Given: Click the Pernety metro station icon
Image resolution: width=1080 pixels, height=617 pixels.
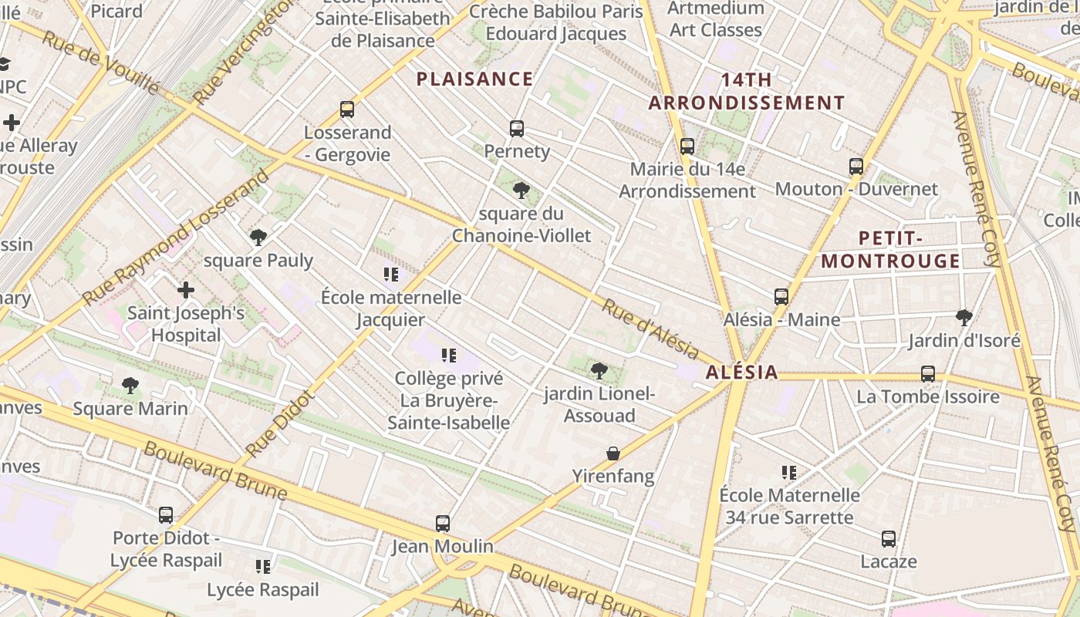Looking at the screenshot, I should [517, 129].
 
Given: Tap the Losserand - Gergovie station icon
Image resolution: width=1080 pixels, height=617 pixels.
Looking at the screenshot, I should [347, 110].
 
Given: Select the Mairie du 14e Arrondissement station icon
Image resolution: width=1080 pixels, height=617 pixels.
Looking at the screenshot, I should [687, 146].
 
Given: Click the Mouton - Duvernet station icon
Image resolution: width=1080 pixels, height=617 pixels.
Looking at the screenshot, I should [856, 167].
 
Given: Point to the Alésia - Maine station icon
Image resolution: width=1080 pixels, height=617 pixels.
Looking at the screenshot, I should [781, 297].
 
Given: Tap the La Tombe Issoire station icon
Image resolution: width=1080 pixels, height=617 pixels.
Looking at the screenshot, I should [928, 374].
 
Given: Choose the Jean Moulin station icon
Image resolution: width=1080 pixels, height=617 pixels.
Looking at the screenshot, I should [443, 524].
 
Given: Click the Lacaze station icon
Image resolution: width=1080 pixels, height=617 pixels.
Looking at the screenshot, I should [889, 539].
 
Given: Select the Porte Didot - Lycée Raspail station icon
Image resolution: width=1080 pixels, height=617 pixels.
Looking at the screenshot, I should [166, 515].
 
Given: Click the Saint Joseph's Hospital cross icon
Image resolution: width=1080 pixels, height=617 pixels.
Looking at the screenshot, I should [186, 291].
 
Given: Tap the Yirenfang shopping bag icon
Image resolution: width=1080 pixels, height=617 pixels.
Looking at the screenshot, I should [613, 453].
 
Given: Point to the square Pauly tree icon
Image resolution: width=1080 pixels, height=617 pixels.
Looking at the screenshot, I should [258, 238].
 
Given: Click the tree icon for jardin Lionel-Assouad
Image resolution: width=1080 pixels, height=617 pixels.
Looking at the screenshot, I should [599, 371].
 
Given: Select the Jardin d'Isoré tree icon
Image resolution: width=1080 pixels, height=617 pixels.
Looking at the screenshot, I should [964, 317].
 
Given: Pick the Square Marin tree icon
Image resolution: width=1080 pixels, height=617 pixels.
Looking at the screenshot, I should [130, 385].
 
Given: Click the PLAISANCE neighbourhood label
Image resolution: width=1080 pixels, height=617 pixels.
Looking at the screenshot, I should [474, 79].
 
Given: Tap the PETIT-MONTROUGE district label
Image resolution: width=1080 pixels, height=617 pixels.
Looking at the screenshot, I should [890, 249].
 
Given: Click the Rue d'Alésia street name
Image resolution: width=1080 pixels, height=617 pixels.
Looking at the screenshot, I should [650, 329].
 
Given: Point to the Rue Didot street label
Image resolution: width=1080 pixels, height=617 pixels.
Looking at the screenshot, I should [280, 423].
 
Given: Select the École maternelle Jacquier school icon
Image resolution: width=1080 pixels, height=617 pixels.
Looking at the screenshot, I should [391, 274].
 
